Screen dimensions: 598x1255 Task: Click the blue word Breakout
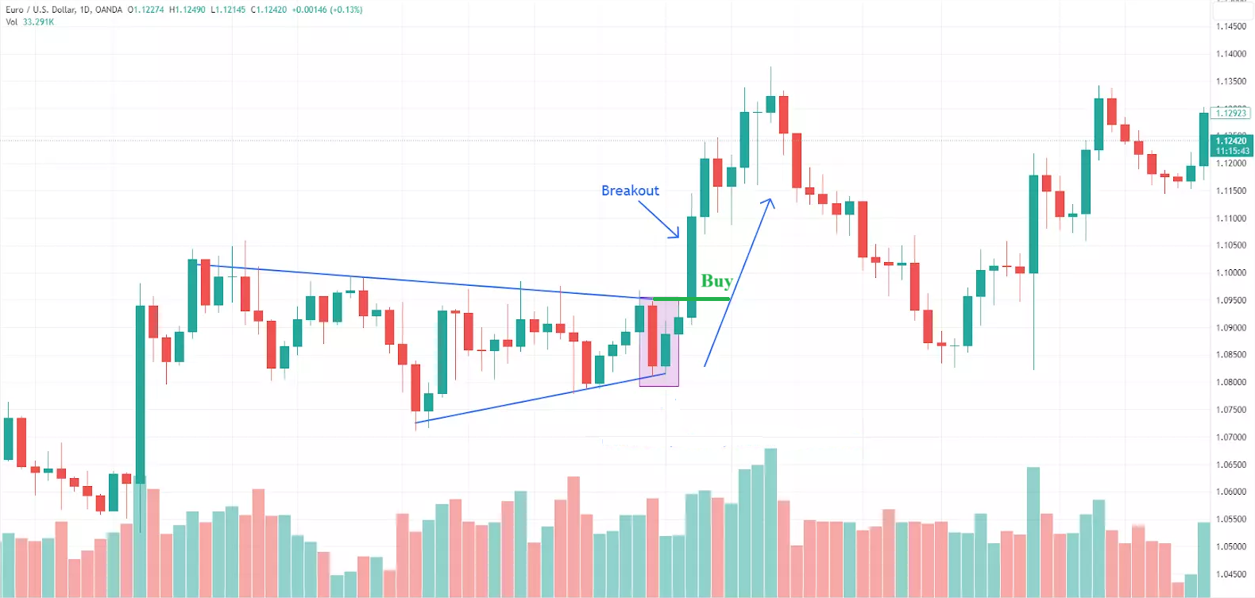pos(630,191)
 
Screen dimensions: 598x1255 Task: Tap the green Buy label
pos(716,281)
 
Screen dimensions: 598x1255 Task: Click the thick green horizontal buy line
pos(691,299)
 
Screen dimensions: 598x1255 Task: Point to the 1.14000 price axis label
pos(1230,54)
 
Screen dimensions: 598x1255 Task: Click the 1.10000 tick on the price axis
pos(1230,273)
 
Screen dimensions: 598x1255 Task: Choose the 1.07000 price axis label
pos(1230,438)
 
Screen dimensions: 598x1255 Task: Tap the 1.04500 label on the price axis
pos(1230,574)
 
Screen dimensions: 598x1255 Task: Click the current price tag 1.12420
pos(1232,141)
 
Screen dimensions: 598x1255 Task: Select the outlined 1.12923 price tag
pos(1232,114)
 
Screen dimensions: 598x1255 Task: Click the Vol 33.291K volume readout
pos(30,22)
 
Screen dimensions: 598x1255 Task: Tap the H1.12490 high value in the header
pos(187,10)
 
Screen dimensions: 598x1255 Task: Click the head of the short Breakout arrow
pos(677,235)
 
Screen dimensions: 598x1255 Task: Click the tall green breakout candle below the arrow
pos(692,266)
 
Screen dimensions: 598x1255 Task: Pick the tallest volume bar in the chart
pos(770,523)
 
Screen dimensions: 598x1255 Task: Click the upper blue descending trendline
pos(429,282)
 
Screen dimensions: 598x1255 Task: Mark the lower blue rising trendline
pos(540,396)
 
